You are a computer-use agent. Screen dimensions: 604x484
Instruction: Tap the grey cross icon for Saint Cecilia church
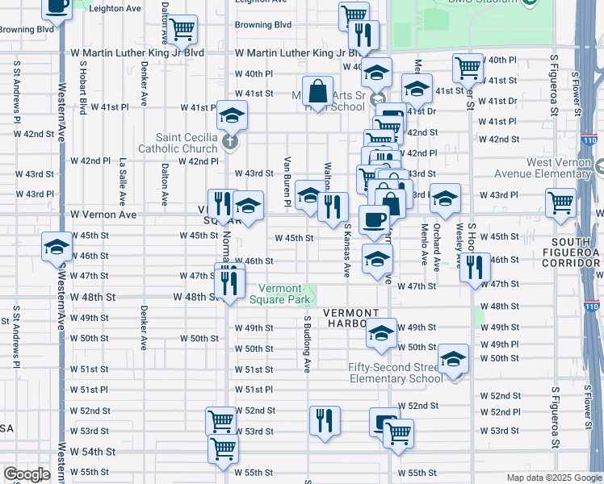230,144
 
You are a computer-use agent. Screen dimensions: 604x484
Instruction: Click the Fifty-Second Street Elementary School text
396,373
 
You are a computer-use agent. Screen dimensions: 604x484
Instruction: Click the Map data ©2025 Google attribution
553,478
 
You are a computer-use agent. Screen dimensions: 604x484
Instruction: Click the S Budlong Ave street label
307,344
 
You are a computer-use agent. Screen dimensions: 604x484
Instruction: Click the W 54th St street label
89,452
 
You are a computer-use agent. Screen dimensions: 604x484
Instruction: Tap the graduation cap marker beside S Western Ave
57,246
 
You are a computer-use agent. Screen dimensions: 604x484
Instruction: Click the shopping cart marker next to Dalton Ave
183,30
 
